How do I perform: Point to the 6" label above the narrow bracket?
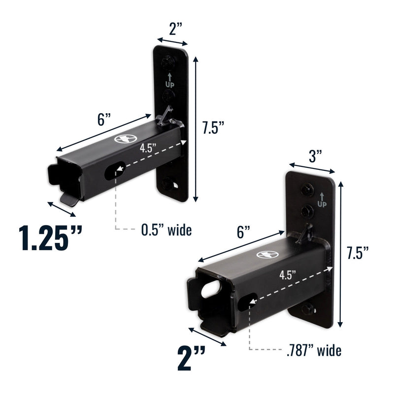[x=103, y=120]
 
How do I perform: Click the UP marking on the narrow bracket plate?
[x=169, y=81]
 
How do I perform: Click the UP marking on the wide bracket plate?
[x=322, y=200]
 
